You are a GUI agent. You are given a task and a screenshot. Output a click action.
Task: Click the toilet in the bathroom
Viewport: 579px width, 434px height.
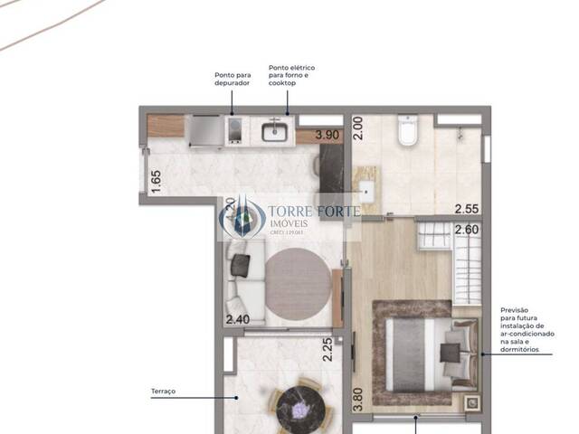point(406,133)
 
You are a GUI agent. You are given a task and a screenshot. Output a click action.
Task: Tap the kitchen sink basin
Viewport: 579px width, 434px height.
point(274,133)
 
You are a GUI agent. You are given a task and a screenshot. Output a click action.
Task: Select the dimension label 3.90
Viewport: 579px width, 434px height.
point(327,136)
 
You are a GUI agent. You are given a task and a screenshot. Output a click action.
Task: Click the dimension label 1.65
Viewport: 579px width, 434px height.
point(156,181)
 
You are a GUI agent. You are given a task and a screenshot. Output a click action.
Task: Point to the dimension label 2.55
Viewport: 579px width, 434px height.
point(467,207)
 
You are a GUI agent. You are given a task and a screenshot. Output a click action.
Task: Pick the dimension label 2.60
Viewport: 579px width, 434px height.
point(467,230)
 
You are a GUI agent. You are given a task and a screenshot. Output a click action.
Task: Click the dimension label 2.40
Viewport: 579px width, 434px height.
point(237,319)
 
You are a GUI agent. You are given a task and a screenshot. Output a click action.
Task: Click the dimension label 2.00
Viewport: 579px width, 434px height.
point(357,127)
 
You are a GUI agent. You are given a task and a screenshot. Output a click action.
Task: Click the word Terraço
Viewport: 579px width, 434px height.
point(164,392)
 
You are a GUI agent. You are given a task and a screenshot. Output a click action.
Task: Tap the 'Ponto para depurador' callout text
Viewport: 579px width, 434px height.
point(232,79)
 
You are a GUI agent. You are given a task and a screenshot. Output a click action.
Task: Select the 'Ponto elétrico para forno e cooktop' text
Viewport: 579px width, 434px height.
point(291,75)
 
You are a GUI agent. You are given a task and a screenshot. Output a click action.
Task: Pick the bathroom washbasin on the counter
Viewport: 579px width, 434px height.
point(368,192)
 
